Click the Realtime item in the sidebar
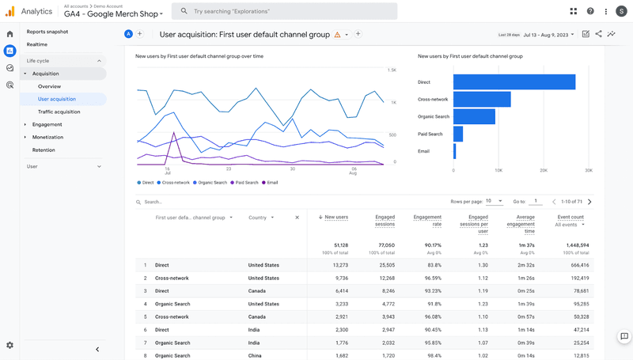(x=38, y=44)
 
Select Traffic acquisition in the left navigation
(x=59, y=112)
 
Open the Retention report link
(x=44, y=150)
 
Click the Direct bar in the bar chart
(x=514, y=82)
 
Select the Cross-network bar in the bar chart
(x=482, y=99)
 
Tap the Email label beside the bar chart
(x=424, y=151)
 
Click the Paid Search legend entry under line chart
(x=246, y=182)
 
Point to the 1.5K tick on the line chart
(x=392, y=70)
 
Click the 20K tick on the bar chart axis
(x=544, y=170)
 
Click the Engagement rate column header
(x=427, y=221)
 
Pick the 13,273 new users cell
(x=336, y=265)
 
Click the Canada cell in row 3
(x=258, y=291)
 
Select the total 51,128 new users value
(x=337, y=245)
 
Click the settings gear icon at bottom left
(x=9, y=345)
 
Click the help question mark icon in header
(x=590, y=11)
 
